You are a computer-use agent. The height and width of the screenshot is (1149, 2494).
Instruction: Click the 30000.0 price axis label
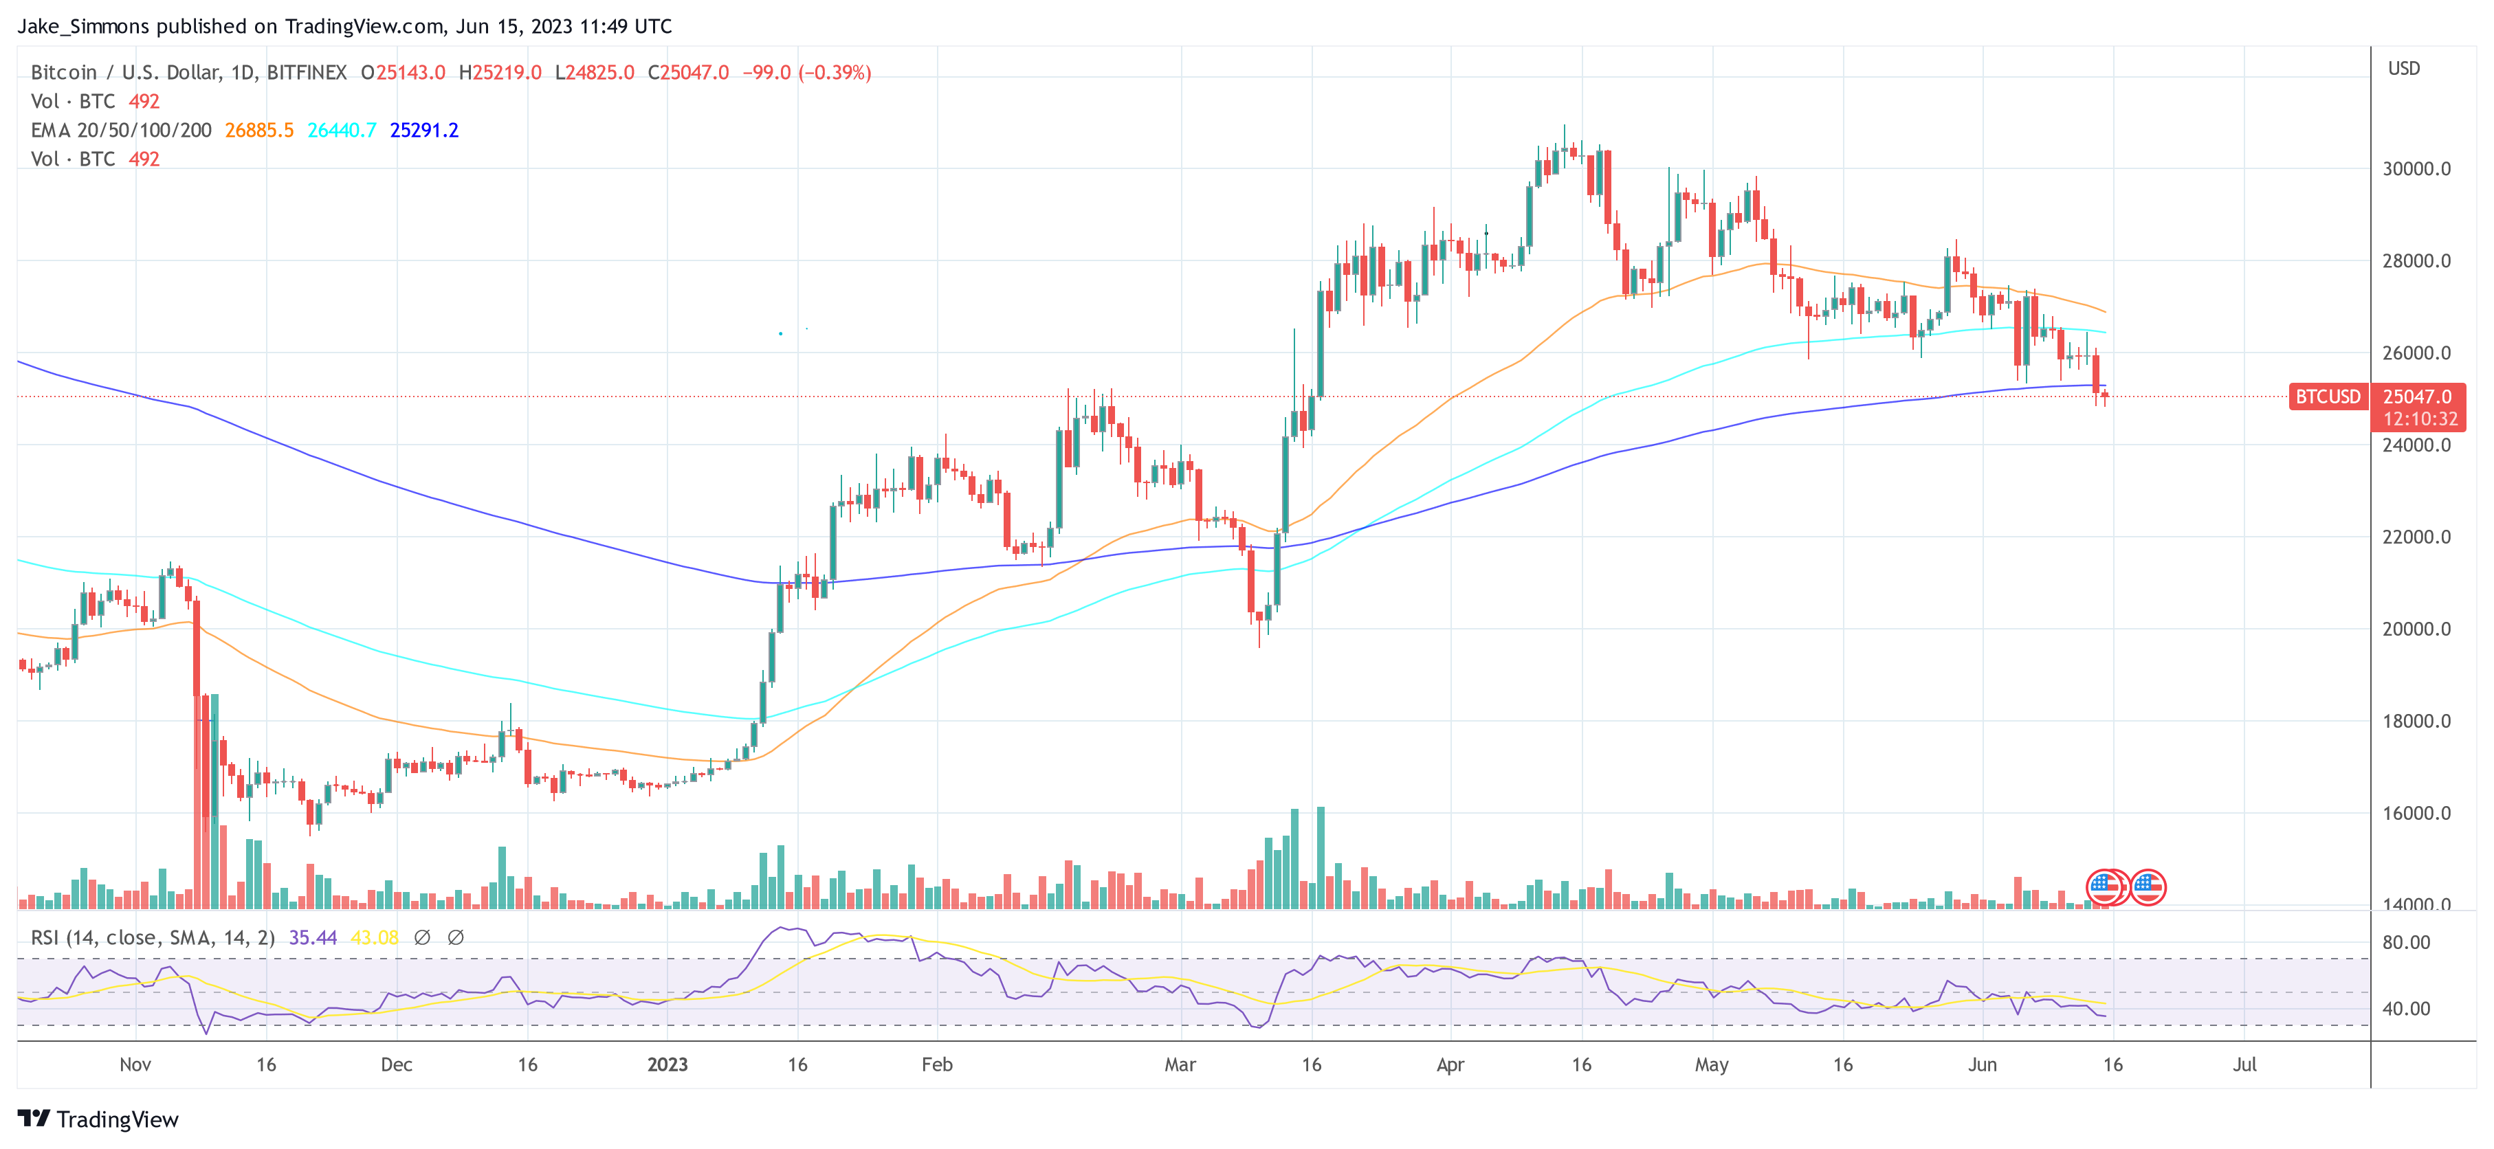coord(2416,168)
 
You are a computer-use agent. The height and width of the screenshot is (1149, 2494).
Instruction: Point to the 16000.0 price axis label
coord(2416,813)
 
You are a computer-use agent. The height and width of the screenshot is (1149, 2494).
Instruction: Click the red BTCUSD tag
coord(2328,397)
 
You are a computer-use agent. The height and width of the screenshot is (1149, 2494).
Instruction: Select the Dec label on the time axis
coord(396,1064)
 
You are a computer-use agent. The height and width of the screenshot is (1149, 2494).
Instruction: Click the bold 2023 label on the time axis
coord(667,1064)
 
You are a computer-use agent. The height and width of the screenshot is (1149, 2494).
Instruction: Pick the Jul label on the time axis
coord(2244,1064)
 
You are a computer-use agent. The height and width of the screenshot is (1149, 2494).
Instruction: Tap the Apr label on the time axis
coord(1449,1064)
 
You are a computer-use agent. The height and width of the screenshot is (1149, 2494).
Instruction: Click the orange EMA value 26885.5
coord(258,130)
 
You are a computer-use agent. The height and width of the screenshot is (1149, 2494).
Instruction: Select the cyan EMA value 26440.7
coord(342,130)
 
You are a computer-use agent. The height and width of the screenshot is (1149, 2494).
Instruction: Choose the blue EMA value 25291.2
coord(424,130)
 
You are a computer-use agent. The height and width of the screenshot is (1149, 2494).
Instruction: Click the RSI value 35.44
coord(313,937)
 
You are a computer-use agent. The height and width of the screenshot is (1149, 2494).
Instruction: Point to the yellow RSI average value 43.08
coord(374,937)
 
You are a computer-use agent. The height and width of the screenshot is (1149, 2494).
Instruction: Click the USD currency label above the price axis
coord(2403,69)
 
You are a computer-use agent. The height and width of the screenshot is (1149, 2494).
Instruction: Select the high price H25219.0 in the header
coord(500,73)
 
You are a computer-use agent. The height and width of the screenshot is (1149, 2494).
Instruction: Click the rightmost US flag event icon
coord(2148,886)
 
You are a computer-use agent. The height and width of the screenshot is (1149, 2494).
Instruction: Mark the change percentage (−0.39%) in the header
coord(835,73)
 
